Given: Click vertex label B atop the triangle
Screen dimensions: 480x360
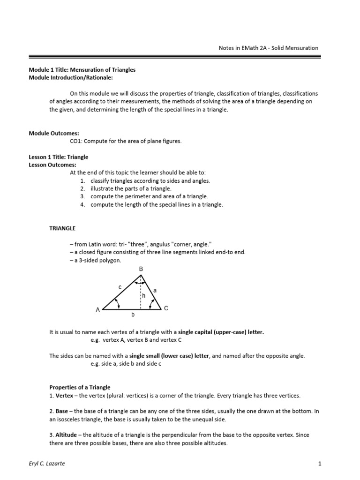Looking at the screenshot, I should [x=140, y=269].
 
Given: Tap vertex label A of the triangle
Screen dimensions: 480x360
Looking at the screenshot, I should [x=97, y=310].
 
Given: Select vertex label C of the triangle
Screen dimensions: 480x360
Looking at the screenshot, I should [x=165, y=308].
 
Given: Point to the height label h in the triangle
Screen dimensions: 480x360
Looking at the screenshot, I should [x=144, y=296].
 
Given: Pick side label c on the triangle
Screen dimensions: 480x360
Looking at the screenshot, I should [x=120, y=287].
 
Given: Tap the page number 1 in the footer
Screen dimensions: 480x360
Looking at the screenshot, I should [x=319, y=464].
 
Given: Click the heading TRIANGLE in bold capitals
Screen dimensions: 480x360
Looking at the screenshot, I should [x=62, y=228].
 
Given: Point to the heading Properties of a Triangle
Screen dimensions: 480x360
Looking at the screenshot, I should [x=80, y=387].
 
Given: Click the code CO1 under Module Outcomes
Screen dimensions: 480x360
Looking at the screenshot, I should [x=76, y=141].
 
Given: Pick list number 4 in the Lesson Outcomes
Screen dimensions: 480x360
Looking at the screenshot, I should [x=82, y=204].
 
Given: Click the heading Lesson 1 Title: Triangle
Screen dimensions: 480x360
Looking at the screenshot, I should [x=59, y=157].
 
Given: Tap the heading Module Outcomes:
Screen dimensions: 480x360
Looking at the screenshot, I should [x=52, y=133].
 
